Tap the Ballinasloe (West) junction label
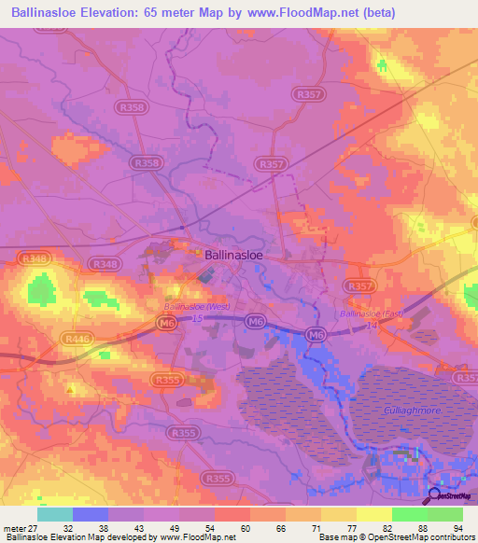coord(196,306)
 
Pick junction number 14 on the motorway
coord(372,324)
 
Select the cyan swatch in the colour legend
coord(55,514)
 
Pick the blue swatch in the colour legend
coord(91,514)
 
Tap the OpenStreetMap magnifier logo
coord(435,497)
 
